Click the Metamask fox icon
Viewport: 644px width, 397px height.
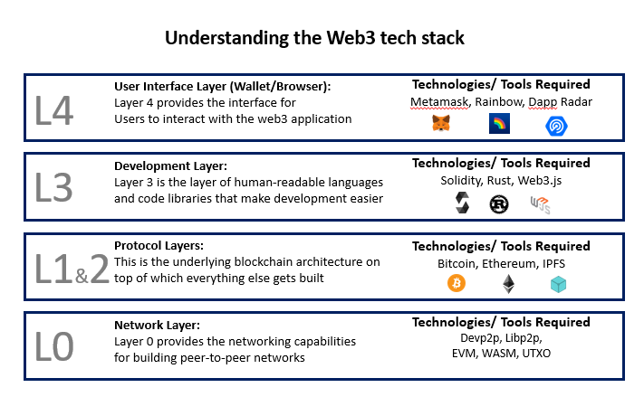click(440, 124)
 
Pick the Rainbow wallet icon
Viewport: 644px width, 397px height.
click(499, 124)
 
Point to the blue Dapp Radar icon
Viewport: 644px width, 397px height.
click(556, 125)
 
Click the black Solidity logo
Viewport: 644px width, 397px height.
click(463, 204)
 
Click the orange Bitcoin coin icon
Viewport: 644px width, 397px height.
click(456, 284)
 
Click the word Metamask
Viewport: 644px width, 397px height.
click(439, 101)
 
